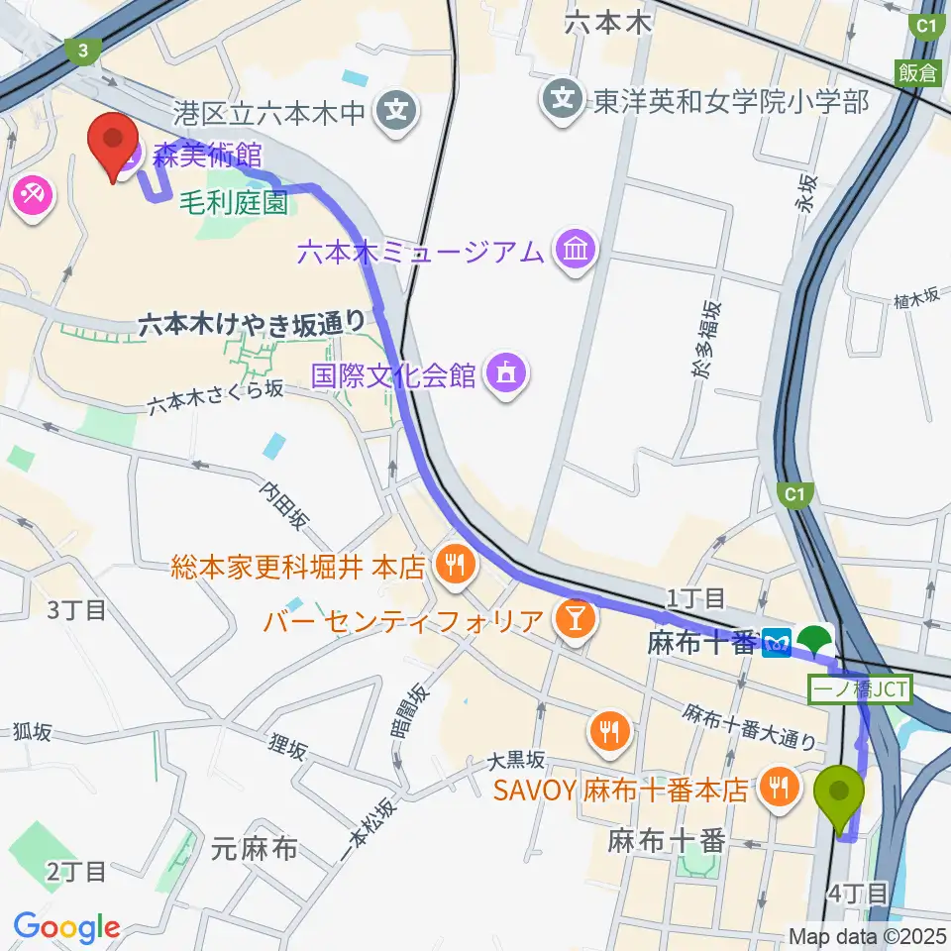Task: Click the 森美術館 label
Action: [x=206, y=154]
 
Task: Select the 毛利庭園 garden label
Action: [x=234, y=204]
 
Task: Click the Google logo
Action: [x=66, y=928]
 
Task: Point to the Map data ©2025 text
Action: [x=868, y=936]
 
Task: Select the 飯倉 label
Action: [x=918, y=72]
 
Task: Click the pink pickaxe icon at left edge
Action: [x=34, y=195]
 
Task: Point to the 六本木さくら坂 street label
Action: [x=217, y=397]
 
